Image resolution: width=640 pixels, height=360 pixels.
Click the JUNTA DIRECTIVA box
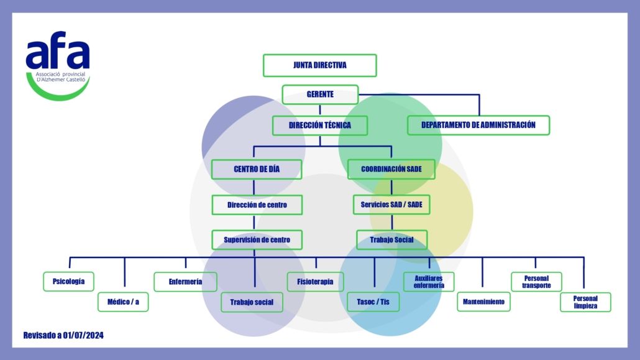[x=319, y=65]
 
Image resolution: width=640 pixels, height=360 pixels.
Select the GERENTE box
[x=320, y=95]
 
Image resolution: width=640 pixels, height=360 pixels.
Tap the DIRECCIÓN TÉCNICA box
[x=320, y=126]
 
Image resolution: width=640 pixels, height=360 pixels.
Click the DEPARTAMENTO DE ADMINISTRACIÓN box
[x=478, y=125]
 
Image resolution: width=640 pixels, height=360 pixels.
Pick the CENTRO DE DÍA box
[x=257, y=169]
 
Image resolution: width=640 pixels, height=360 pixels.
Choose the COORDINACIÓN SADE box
[x=391, y=169]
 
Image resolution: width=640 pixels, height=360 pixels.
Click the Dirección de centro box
[x=257, y=205]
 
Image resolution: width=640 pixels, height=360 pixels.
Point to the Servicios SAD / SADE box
[x=391, y=205]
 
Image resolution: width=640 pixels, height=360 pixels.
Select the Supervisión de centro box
[x=257, y=240]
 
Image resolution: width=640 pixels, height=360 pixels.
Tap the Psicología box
[x=68, y=282]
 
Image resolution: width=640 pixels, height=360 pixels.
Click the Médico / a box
[x=123, y=302]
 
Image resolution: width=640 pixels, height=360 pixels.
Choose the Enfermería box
[x=185, y=282]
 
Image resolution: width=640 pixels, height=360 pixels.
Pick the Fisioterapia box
[x=315, y=282]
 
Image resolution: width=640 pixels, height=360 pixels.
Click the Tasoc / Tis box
[x=373, y=302]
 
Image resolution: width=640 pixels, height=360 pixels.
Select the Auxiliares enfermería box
[x=429, y=282]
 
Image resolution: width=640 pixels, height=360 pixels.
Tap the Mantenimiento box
[x=483, y=302]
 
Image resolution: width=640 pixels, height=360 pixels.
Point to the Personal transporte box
[x=536, y=282]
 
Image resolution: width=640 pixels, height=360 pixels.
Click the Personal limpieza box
[x=585, y=302]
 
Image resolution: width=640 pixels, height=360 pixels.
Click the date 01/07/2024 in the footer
[x=83, y=336]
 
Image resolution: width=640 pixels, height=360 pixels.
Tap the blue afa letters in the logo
[x=58, y=50]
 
